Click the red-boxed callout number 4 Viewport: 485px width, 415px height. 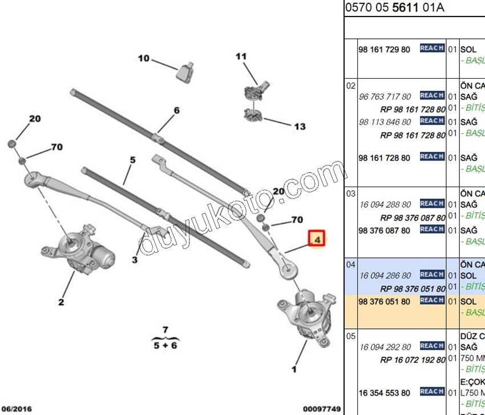point(317,239)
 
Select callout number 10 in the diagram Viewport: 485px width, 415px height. point(143,58)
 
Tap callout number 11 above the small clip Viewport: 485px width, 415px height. point(241,56)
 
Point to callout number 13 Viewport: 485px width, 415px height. point(300,127)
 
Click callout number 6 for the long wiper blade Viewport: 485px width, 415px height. point(176,110)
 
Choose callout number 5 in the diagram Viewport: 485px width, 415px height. point(133,160)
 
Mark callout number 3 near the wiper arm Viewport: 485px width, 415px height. point(135,260)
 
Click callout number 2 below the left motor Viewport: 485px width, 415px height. point(61,302)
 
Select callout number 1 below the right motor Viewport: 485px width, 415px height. point(294,369)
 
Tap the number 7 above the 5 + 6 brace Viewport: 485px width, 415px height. point(165,329)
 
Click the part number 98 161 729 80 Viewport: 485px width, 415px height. point(384,50)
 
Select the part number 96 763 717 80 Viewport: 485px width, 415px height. point(385,96)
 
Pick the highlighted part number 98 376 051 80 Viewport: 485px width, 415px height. point(384,301)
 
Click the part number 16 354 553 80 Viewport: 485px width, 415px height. point(384,393)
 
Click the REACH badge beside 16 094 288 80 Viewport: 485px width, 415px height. point(432,203)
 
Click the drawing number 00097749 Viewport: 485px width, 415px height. point(321,409)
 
